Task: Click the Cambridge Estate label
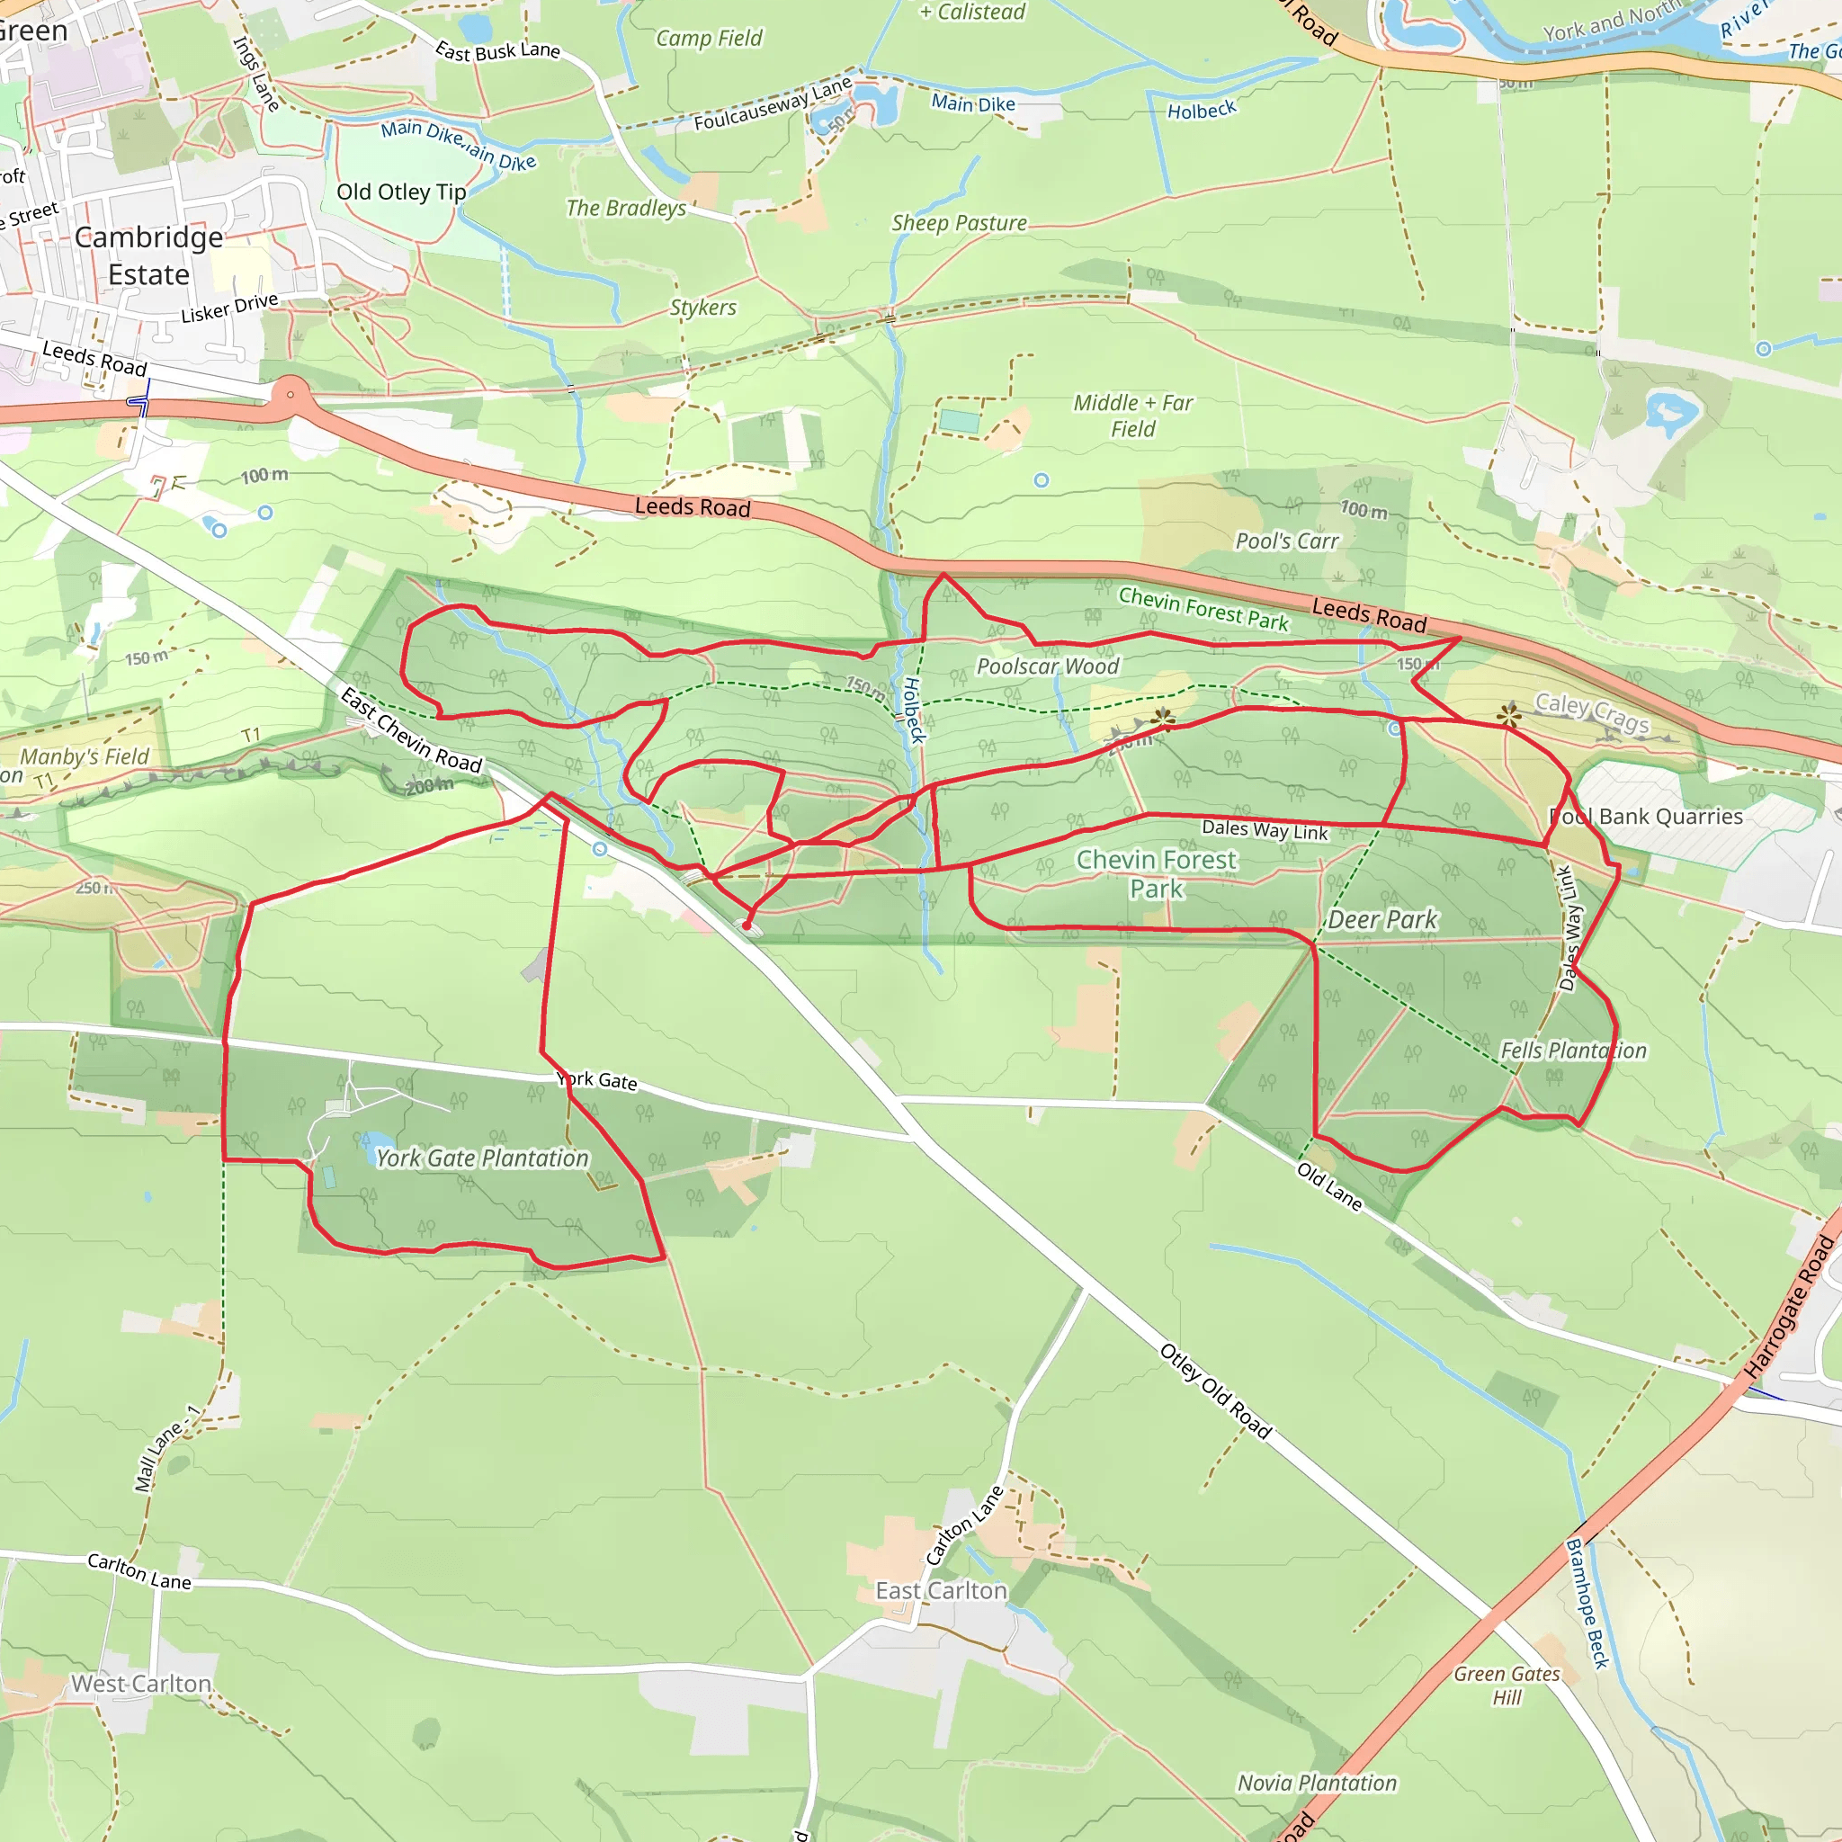tap(148, 255)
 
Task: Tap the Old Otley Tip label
tap(401, 192)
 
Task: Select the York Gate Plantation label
tap(482, 1158)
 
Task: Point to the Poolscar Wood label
tap(1048, 666)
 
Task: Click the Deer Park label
tap(1381, 920)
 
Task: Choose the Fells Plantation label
tap(1573, 1051)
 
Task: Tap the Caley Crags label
tap(1591, 712)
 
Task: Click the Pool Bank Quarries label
tap(1647, 817)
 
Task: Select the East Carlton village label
tap(941, 1590)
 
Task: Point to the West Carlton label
tap(141, 1684)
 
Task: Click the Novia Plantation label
tap(1317, 1783)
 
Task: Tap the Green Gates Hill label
tap(1507, 1686)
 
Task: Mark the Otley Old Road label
tap(1216, 1391)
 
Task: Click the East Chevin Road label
tap(411, 730)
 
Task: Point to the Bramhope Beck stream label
tap(1587, 1604)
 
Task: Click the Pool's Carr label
tap(1287, 541)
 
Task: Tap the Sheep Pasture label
tap(959, 223)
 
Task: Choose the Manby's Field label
tap(85, 757)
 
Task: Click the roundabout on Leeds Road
tap(290, 394)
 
